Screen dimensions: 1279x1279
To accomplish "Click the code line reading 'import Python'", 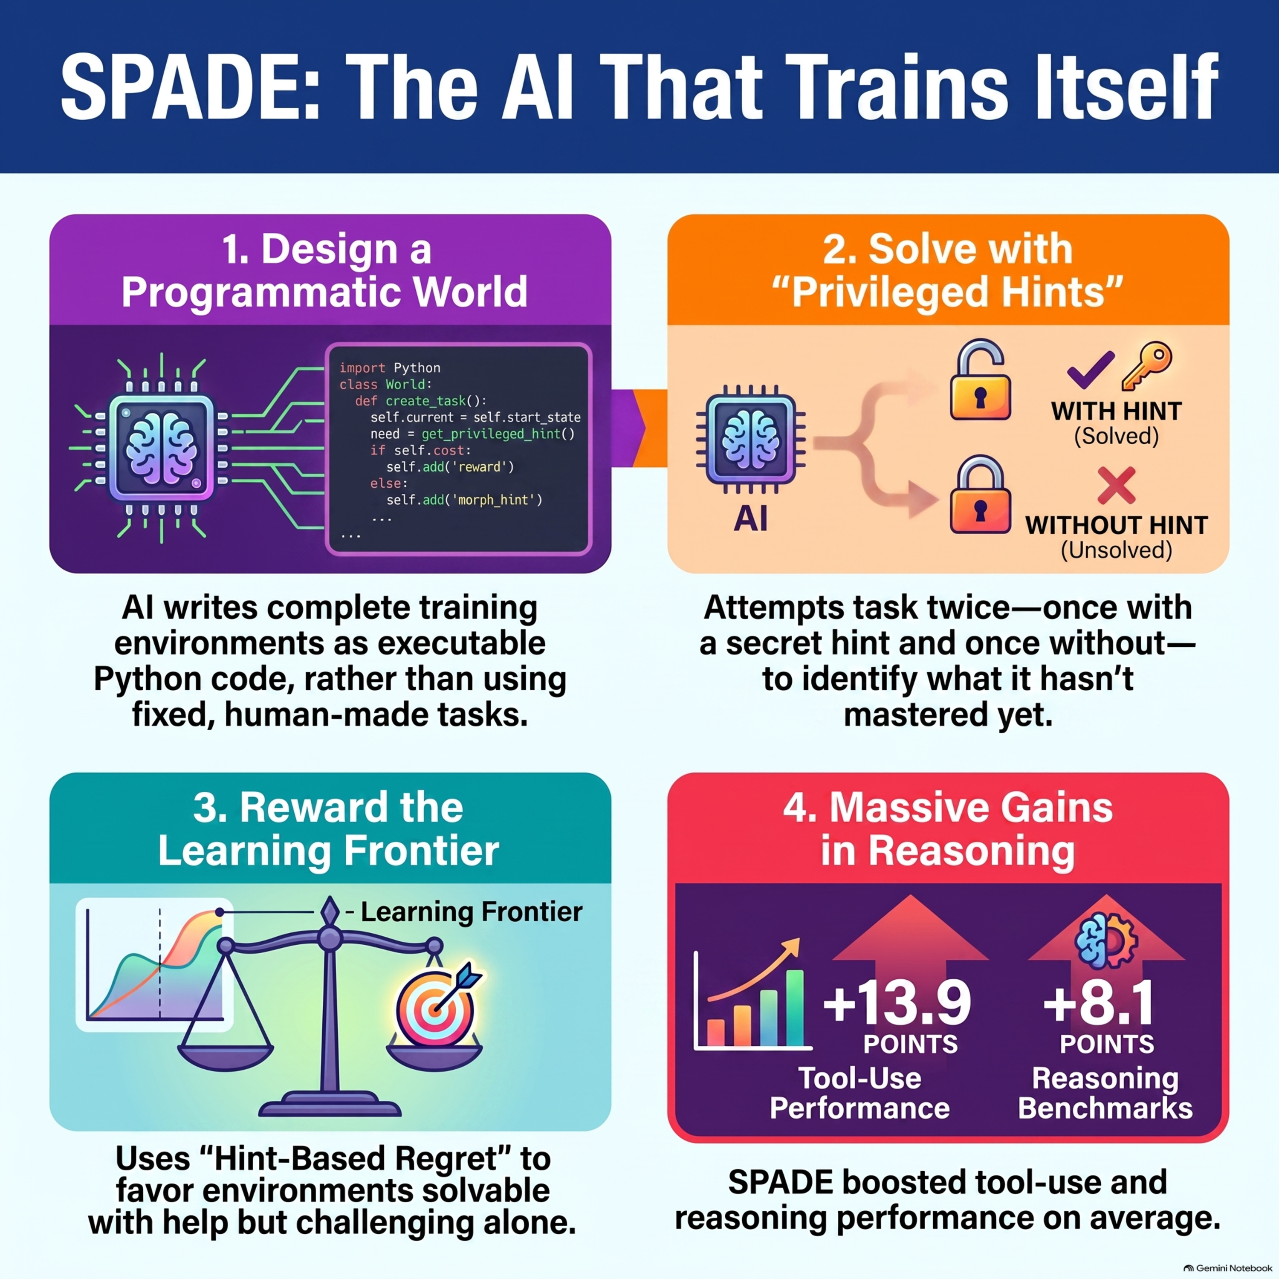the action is (390, 367).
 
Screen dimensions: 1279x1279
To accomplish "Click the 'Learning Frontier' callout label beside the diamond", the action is (472, 912).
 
